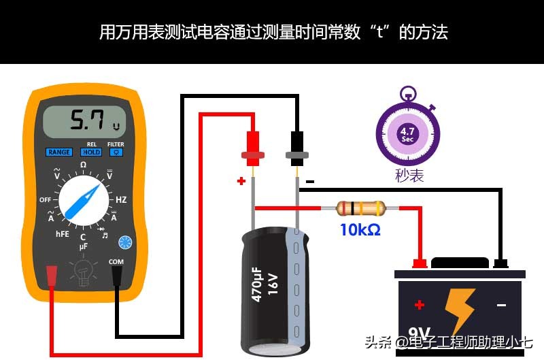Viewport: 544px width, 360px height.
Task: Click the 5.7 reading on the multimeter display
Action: pos(88,122)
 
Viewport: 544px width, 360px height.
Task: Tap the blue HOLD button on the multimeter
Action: pos(91,152)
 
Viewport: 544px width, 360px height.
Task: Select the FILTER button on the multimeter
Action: pos(116,152)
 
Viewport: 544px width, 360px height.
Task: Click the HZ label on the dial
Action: pos(121,200)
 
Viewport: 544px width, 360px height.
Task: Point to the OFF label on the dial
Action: pos(46,200)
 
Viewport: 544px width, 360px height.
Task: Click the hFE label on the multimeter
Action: pos(62,233)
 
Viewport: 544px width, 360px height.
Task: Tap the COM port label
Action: pos(116,261)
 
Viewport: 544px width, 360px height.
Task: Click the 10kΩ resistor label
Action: pos(360,231)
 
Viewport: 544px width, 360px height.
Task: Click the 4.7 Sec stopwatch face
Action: pos(407,133)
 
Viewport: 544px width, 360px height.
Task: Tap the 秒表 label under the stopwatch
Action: pos(409,176)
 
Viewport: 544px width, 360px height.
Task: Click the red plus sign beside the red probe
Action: pos(241,181)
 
